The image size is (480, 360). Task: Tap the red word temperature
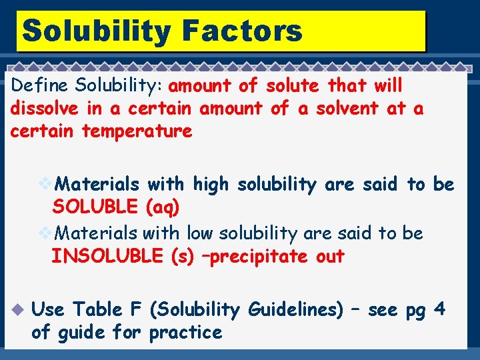(x=137, y=131)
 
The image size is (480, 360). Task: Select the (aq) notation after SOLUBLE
(x=162, y=207)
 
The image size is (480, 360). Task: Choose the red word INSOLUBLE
(x=107, y=256)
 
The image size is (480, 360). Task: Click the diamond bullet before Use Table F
(x=17, y=310)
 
